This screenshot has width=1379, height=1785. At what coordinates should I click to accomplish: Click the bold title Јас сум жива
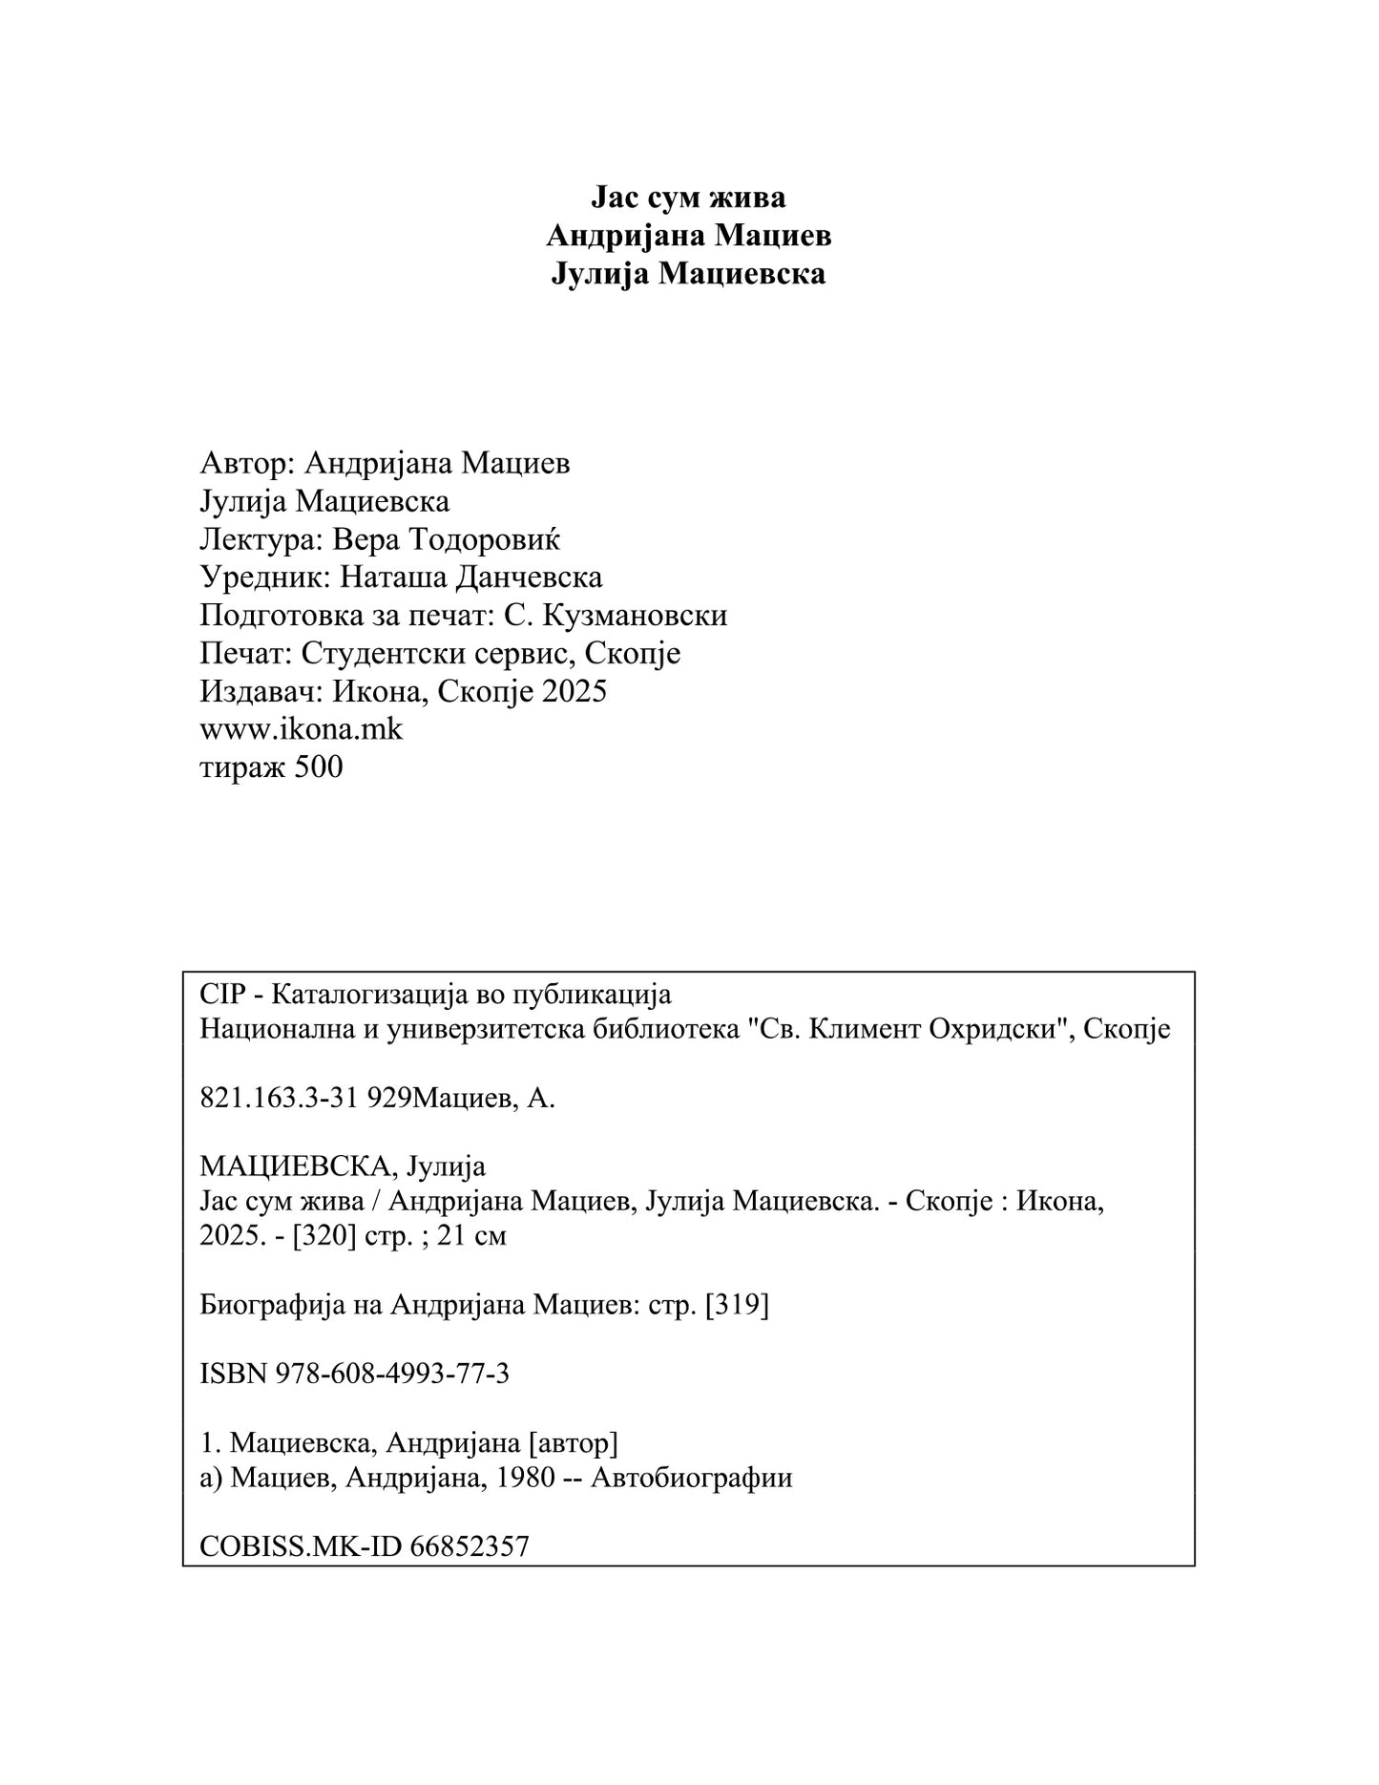pos(688,198)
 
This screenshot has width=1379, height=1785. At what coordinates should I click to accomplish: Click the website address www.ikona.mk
pos(301,729)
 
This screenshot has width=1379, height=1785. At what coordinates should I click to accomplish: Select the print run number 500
pos(319,767)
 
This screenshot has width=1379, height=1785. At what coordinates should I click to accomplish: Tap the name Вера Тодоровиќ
pos(446,540)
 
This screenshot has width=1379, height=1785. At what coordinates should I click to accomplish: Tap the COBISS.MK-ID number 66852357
pos(470,1546)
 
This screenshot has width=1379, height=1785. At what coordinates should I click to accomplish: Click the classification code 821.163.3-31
pos(279,1099)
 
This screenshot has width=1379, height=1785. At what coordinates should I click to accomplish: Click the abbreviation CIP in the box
pos(220,995)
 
